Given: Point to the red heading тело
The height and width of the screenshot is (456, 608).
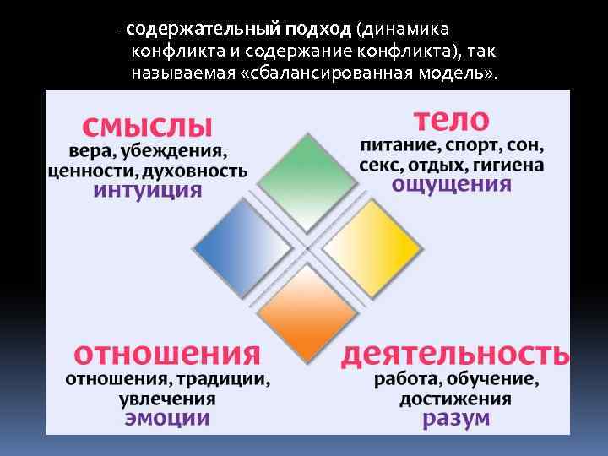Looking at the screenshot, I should tap(451, 118).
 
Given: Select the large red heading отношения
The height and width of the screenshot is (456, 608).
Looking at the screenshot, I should tap(167, 353).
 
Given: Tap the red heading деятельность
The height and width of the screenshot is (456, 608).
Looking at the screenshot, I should tap(454, 353).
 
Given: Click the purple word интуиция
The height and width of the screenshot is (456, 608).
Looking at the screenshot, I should tap(149, 190).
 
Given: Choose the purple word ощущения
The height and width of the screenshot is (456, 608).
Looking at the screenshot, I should tap(452, 184).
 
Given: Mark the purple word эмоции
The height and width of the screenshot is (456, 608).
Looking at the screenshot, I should tap(167, 418).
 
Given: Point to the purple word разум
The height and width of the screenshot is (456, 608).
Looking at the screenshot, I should tap(455, 418).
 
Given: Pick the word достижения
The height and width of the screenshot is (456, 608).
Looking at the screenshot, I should tap(455, 398).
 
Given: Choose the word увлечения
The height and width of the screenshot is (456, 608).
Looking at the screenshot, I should tap(167, 398).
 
